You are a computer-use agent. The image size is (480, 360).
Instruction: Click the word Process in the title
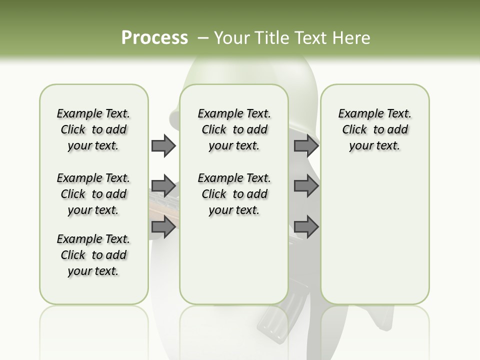point(154,38)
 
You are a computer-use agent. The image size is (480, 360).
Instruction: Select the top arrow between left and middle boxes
point(163,146)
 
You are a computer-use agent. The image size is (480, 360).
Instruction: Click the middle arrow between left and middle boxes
point(163,186)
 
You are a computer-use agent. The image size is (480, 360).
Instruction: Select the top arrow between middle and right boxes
point(306,146)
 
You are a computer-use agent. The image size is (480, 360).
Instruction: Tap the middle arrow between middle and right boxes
point(306,186)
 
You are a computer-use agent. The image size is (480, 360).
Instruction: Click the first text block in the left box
point(93,129)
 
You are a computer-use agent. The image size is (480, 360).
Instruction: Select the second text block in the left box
point(93,194)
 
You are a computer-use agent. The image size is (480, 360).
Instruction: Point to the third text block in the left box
point(93,255)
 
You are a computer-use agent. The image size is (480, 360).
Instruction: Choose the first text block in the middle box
point(234,129)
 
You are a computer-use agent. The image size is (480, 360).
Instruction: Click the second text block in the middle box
point(234,194)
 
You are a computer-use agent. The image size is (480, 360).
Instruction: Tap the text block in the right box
point(374,129)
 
